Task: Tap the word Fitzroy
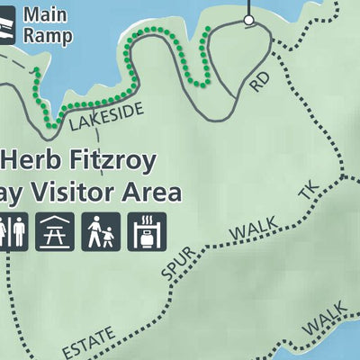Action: [119, 163]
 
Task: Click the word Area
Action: [157, 193]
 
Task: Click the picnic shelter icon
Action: [55, 232]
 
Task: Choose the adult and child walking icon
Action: [100, 232]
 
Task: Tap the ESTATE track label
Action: [89, 344]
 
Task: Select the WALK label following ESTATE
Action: [324, 317]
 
